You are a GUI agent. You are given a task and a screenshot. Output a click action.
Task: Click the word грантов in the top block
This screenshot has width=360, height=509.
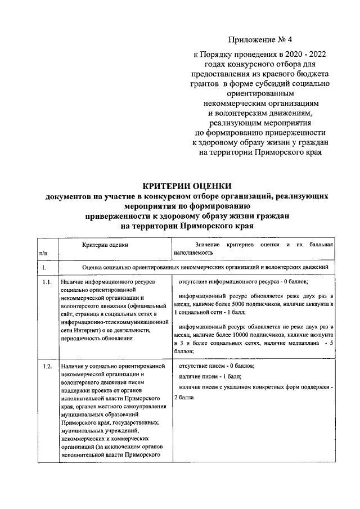(206, 84)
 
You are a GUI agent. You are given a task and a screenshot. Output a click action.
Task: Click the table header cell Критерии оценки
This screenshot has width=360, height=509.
(105, 245)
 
